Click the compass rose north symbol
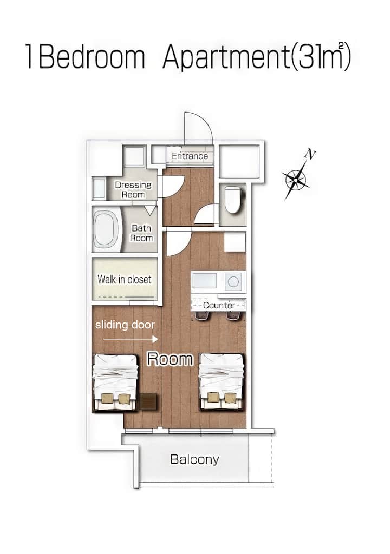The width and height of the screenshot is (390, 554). click(296, 179)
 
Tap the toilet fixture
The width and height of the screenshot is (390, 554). click(233, 200)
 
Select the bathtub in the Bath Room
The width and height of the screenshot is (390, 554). click(106, 229)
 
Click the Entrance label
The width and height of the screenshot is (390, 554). click(190, 156)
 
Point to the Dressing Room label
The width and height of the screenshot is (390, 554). click(133, 190)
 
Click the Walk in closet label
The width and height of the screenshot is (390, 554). click(125, 280)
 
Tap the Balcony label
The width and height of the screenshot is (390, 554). click(194, 459)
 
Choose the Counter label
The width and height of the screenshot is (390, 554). click(219, 305)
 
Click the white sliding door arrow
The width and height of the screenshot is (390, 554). click(131, 339)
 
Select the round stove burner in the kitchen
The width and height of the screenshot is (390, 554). click(233, 281)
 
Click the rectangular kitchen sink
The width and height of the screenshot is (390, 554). click(204, 281)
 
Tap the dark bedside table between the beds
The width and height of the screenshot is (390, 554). click(148, 402)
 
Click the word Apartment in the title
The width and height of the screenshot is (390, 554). click(226, 57)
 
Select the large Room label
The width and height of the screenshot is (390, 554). click(170, 359)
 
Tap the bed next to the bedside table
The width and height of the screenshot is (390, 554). click(115, 383)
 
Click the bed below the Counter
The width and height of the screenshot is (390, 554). click(222, 381)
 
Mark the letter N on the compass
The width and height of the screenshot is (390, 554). click(310, 154)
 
